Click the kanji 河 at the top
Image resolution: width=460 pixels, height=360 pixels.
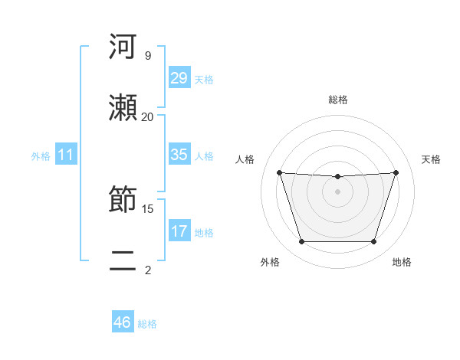[x=123, y=47]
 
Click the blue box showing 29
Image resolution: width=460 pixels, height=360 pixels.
[x=179, y=77]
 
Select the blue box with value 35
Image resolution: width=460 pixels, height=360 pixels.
[x=179, y=155]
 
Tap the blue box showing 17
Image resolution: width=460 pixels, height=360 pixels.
[x=179, y=231]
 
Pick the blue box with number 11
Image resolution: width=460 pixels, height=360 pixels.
[x=66, y=155]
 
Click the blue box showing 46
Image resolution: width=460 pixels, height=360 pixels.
[x=123, y=322]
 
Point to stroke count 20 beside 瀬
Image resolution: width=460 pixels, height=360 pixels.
[x=147, y=116]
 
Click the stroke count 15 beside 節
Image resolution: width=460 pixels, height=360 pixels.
[x=147, y=208]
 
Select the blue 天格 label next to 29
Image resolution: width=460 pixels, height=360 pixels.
[x=203, y=79]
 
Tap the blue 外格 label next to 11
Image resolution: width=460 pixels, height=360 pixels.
[x=41, y=155]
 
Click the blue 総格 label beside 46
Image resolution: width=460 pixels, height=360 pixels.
[x=147, y=323]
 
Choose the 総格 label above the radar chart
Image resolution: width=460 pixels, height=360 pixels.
[x=337, y=100]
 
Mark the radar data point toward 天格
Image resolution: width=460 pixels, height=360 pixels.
[x=396, y=172]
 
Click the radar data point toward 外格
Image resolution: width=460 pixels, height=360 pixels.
[x=301, y=242]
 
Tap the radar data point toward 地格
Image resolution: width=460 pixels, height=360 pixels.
[x=373, y=242]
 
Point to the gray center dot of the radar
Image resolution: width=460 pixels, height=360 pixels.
[x=337, y=191]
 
